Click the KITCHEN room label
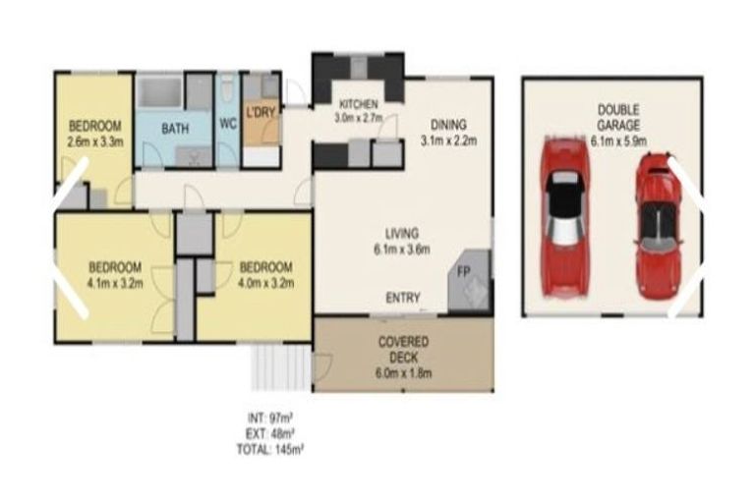click(358, 105)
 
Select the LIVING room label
click(403, 234)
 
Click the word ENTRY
click(404, 299)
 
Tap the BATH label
click(176, 129)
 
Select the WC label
click(228, 124)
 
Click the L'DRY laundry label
click(260, 111)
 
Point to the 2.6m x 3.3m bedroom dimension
click(94, 140)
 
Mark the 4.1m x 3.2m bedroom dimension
click(115, 282)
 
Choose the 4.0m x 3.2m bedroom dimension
click(265, 282)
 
